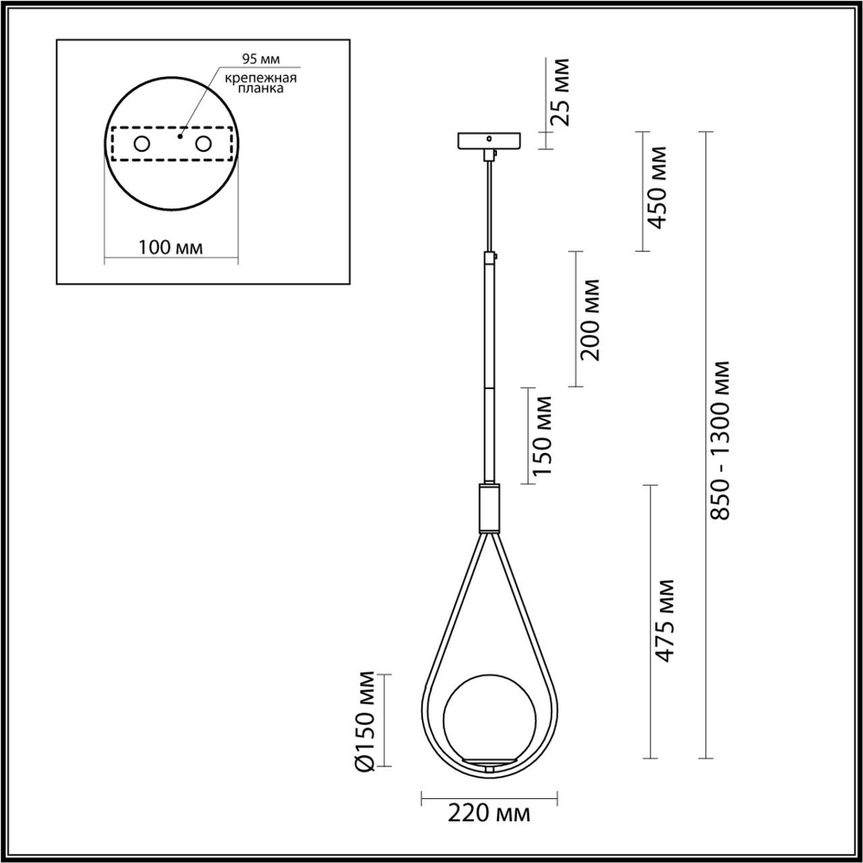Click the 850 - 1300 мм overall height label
(722, 440)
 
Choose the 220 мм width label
(488, 814)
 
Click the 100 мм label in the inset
(170, 249)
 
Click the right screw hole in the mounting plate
(204, 143)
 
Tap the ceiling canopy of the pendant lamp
(488, 140)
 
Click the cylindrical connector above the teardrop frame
(488, 507)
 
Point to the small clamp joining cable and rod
(492, 256)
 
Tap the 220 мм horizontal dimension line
(488, 794)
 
